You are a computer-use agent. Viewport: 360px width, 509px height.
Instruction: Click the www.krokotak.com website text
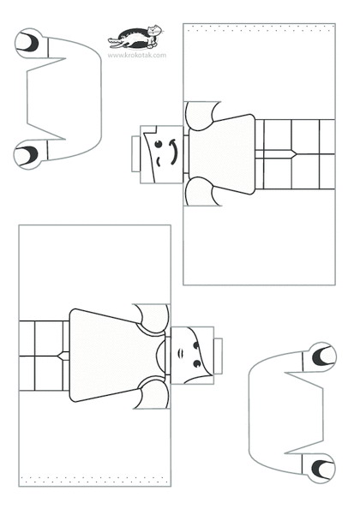coord(136,55)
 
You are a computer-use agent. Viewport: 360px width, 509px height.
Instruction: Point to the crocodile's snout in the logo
coord(114,41)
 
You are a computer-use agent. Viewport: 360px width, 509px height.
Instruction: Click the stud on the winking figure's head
coord(135,154)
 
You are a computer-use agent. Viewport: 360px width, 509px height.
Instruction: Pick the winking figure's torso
coord(222,154)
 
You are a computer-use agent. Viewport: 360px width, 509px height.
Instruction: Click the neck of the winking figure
coord(186,154)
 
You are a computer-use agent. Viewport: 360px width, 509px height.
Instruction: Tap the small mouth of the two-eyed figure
coord(181,352)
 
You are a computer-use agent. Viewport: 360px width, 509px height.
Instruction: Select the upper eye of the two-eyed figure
coord(196,345)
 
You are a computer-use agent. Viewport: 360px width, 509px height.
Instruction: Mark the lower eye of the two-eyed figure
coord(197,364)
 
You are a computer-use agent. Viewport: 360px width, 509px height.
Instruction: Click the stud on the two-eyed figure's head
coord(218,356)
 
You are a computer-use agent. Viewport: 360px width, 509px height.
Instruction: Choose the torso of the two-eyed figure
coord(117,356)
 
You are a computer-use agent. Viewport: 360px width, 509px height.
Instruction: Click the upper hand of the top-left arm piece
coord(29,44)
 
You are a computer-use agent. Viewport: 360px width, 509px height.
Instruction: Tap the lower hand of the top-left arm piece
coord(28,154)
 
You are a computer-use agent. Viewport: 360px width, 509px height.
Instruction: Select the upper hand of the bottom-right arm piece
coord(322,356)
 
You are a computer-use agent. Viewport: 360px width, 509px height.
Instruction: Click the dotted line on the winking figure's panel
coord(259,28)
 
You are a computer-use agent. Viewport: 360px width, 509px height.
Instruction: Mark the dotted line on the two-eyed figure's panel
coord(94,480)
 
